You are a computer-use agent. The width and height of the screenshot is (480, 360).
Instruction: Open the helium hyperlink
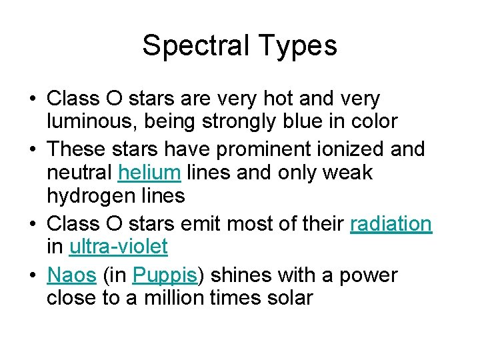coord(149,173)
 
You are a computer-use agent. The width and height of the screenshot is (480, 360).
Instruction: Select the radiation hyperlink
coord(391,224)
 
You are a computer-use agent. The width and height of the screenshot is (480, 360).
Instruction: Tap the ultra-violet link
coord(118,247)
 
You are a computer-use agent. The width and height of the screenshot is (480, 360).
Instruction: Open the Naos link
coord(71,275)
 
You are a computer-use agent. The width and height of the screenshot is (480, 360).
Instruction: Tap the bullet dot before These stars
coord(32,149)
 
